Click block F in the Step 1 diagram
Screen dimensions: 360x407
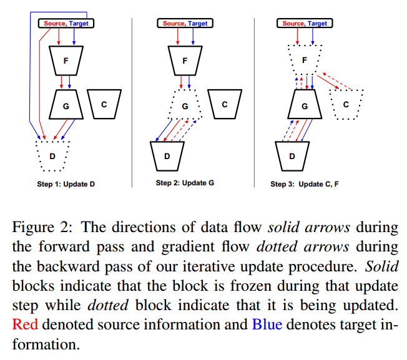click(66, 61)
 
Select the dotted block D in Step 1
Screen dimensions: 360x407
click(52, 155)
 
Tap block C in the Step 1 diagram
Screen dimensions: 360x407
click(104, 104)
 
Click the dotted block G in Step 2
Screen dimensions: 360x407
click(185, 105)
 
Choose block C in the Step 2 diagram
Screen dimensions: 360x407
click(225, 104)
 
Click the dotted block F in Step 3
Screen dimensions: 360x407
click(305, 60)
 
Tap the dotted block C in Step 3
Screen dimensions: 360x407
click(345, 104)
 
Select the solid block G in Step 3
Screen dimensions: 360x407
click(305, 105)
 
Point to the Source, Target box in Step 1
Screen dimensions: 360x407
click(66, 23)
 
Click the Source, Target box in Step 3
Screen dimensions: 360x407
click(305, 23)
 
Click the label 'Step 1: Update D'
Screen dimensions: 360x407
click(66, 185)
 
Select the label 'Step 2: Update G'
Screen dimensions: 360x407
click(185, 183)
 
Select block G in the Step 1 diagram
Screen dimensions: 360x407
click(66, 105)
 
